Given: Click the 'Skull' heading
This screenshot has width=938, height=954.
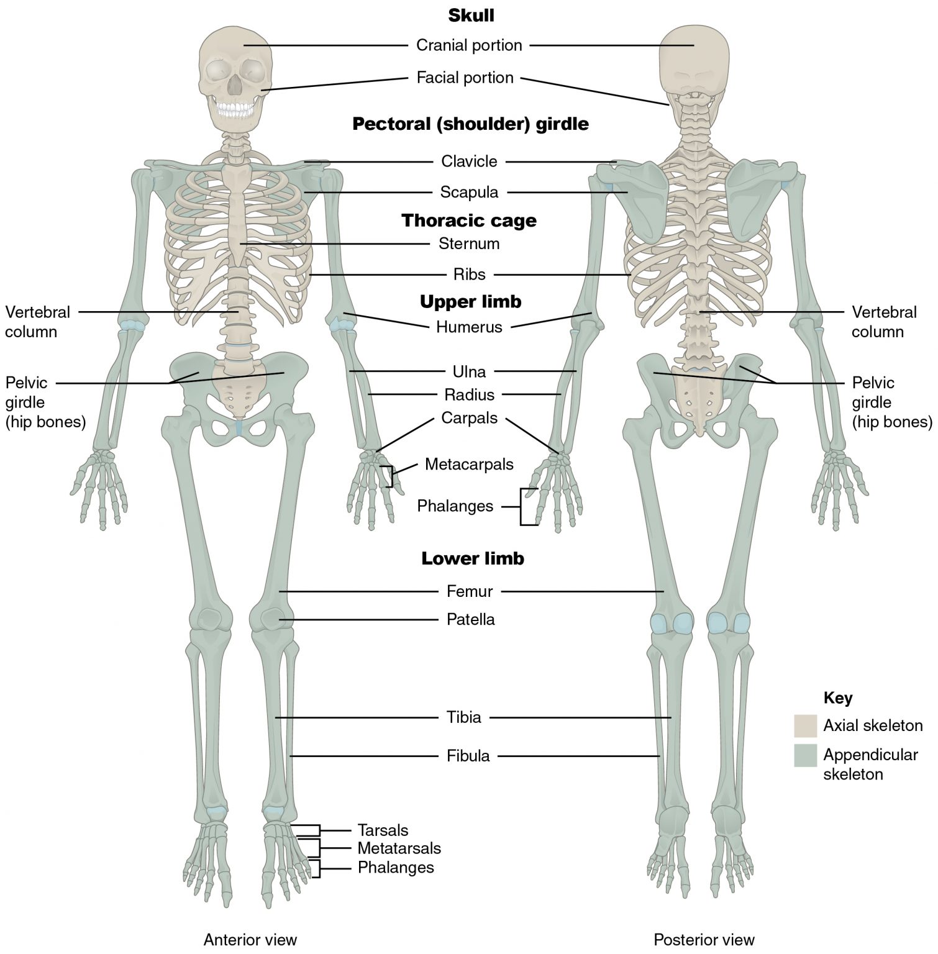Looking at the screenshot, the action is (471, 16).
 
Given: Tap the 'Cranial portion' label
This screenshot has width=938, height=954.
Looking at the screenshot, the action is (469, 45).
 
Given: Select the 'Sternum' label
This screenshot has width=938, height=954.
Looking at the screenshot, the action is (469, 243).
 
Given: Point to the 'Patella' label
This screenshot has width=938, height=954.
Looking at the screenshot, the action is (471, 619).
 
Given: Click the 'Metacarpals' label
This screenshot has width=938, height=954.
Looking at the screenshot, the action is (469, 464).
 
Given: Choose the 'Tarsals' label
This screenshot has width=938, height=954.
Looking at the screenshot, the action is (383, 830).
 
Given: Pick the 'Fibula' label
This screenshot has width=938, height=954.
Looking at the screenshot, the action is (468, 756).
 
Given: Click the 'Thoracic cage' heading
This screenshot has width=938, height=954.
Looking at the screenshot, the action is (469, 220).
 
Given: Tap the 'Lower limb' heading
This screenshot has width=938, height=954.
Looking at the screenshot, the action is (473, 558).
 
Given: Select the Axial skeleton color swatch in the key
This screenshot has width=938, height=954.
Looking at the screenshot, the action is (805, 725).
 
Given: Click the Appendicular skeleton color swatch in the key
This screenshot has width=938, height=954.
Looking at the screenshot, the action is (805, 755).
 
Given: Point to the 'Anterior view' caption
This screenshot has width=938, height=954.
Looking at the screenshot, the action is (250, 940).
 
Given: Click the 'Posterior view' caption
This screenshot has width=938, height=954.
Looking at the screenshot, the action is (704, 940).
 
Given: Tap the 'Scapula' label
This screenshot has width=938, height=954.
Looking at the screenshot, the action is (469, 193).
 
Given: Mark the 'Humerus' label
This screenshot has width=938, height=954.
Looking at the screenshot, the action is (469, 327).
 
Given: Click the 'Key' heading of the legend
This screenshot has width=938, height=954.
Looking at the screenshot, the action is (837, 698).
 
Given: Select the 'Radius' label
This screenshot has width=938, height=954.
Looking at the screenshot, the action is (470, 395).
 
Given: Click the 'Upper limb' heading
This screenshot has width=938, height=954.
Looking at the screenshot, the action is (471, 302).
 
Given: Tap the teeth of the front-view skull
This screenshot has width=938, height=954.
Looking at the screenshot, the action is (234, 110).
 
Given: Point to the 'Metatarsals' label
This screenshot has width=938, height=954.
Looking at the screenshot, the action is (399, 848).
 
